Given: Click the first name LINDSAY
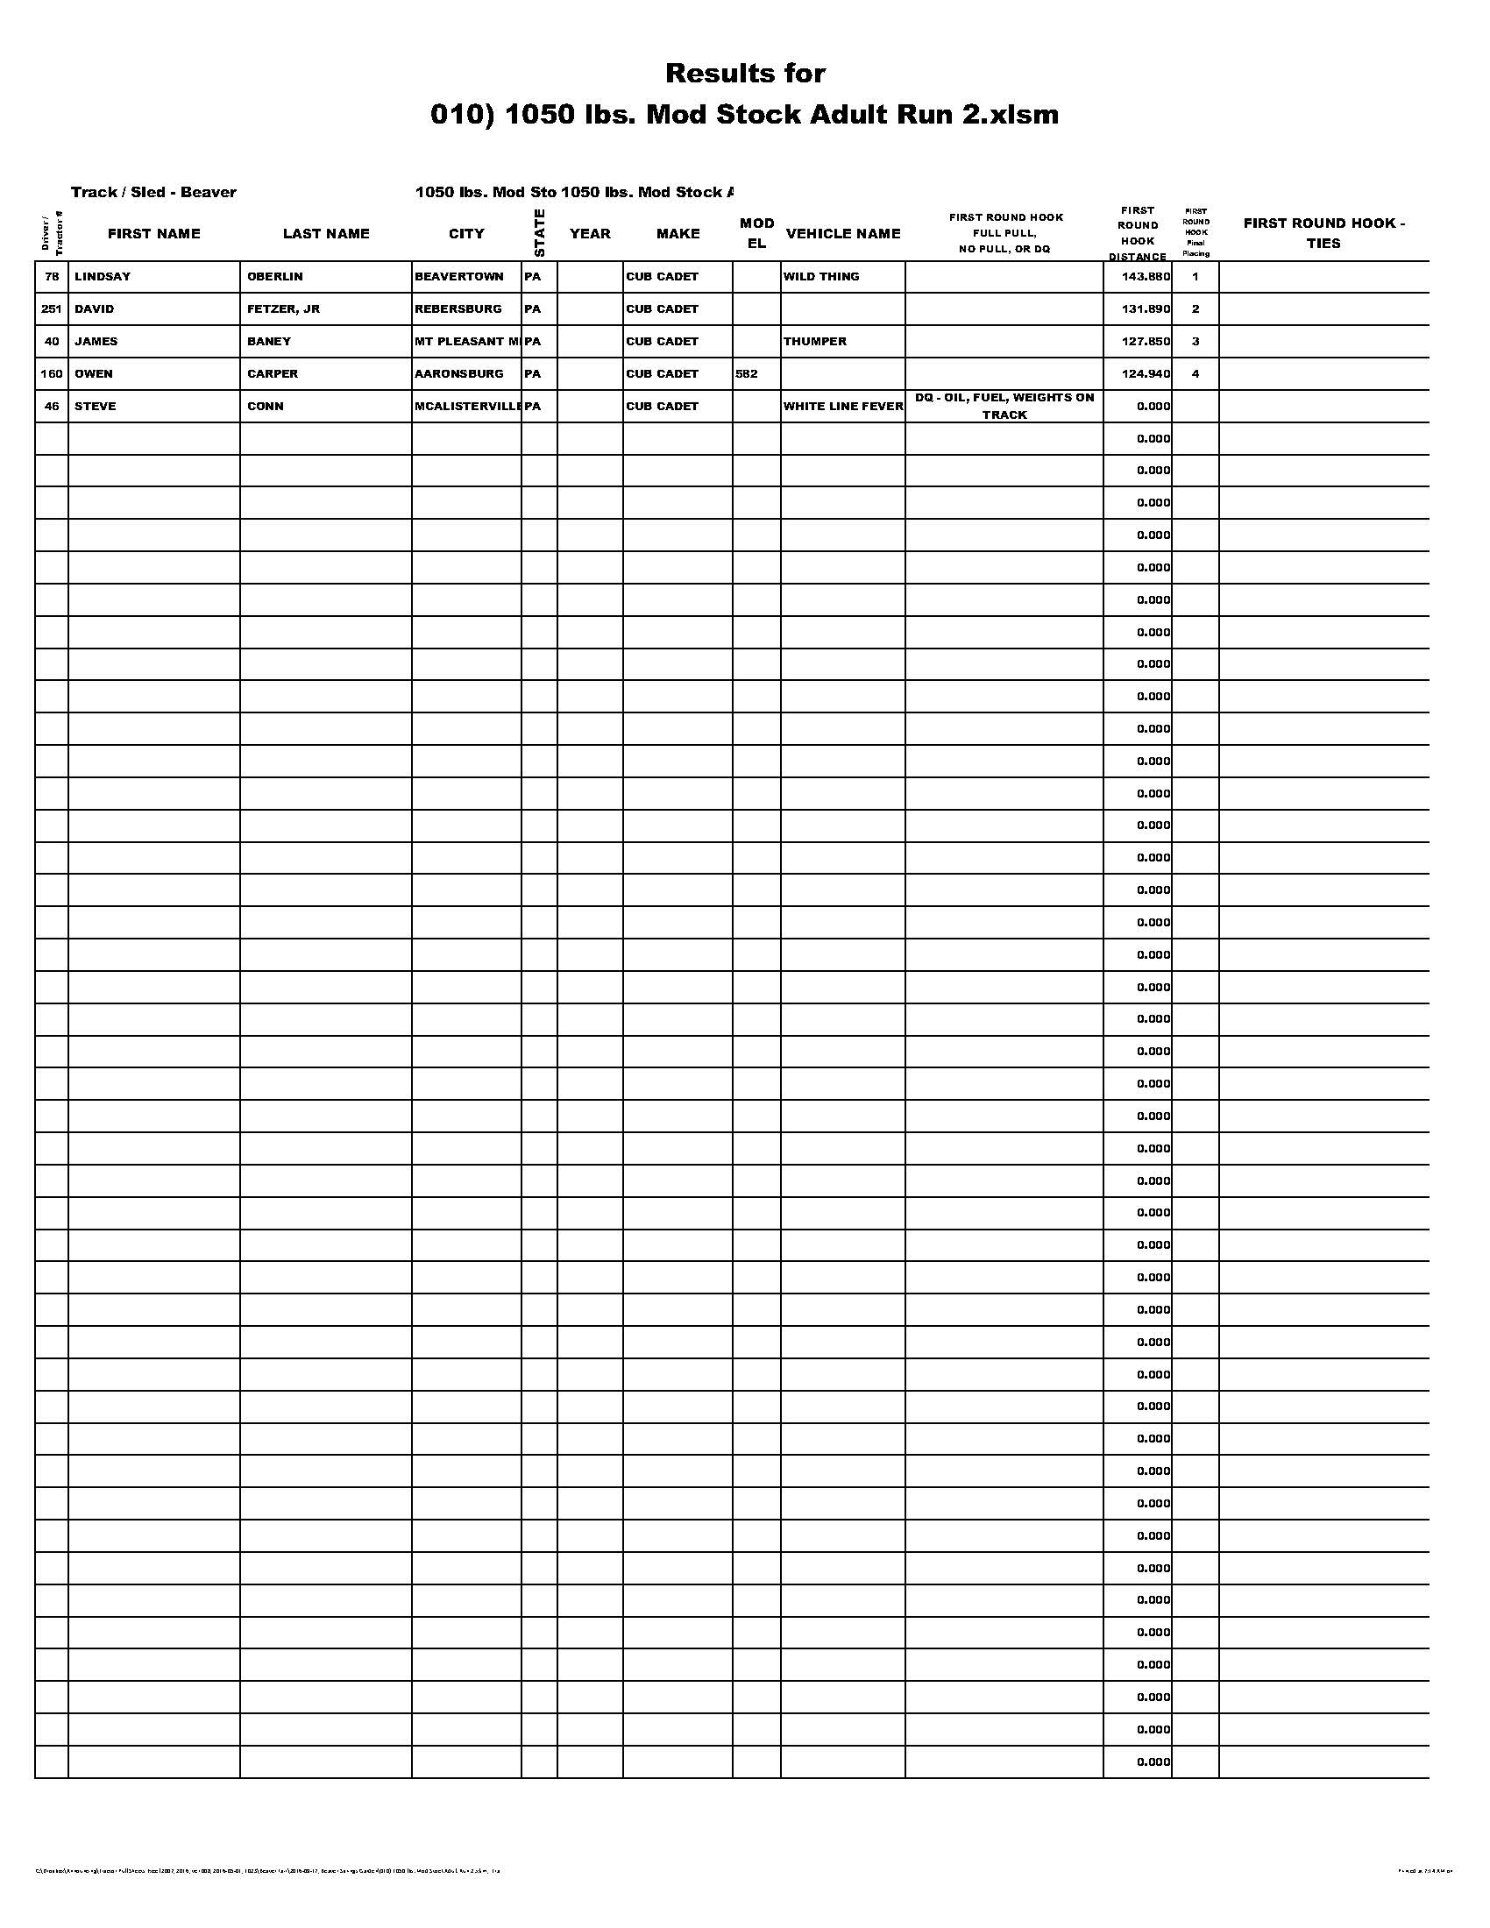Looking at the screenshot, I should pos(103,276).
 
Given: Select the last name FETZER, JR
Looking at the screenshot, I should pos(283,309).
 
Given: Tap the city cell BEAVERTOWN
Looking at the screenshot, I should pos(459,276).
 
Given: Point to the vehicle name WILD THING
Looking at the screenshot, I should pos(821,276).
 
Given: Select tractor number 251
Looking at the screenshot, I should pos(51,309).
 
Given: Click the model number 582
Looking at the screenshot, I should pos(746,373).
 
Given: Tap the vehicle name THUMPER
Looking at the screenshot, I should pos(815,341).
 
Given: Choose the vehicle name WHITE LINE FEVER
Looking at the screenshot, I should pos(843,406).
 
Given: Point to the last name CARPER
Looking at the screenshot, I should pos(273,373).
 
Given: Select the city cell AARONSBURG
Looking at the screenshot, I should pos(459,373).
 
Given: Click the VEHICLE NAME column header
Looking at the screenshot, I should pos(843,233).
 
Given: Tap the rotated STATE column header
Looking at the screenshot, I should pos(539,233).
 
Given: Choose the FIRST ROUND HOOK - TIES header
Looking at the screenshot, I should pos(1324,233).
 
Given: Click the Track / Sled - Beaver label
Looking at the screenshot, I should pos(153,193).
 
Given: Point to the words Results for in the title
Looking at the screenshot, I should pos(745,74).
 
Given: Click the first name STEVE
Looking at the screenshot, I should pos(96,406).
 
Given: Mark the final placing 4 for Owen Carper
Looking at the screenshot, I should pos(1196,373).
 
